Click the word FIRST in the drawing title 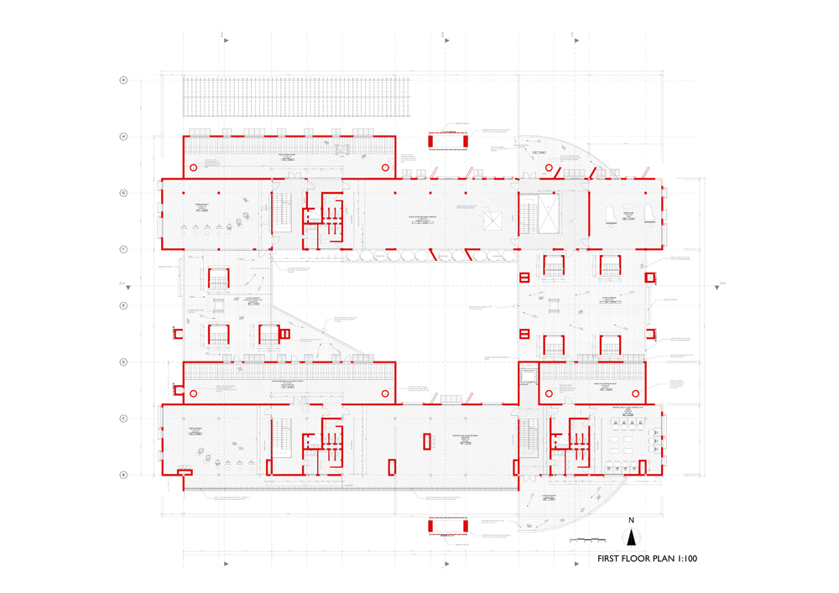[x=614, y=558]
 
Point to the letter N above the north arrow [x=632, y=520]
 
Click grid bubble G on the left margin [x=123, y=193]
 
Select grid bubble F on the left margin [x=123, y=249]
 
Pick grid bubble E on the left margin [x=123, y=306]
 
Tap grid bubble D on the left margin [x=123, y=362]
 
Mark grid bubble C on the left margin [x=123, y=419]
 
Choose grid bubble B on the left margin [x=123, y=475]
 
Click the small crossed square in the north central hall [x=492, y=220]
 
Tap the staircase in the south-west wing [x=282, y=438]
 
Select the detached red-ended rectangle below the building [x=447, y=526]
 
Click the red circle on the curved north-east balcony [x=550, y=168]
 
